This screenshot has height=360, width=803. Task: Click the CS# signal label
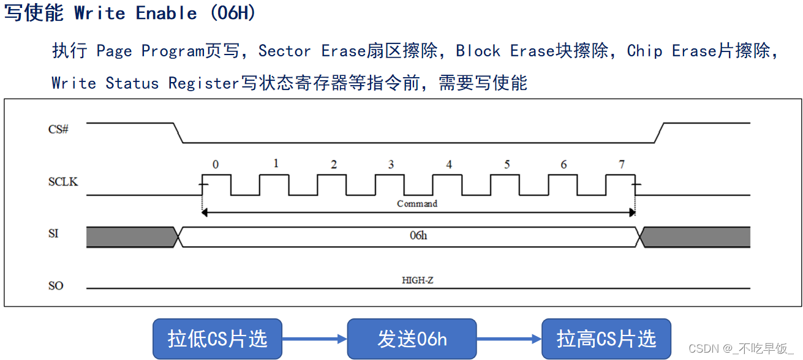click(58, 129)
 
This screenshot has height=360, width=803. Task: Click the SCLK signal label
click(63, 182)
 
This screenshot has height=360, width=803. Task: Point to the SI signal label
click(53, 233)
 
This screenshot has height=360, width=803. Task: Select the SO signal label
click(55, 286)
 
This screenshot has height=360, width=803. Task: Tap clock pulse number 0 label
click(215, 164)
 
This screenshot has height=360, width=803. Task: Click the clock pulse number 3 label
click(391, 165)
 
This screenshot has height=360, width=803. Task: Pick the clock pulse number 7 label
click(622, 164)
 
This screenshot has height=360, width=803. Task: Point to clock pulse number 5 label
click(507, 165)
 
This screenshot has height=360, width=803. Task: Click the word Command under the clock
click(417, 203)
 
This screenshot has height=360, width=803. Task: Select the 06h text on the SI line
click(418, 236)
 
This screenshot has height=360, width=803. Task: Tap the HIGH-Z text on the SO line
click(418, 280)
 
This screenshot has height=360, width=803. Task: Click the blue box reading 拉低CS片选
click(217, 339)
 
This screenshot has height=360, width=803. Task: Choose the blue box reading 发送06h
click(412, 339)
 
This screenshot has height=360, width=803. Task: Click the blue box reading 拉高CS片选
click(606, 339)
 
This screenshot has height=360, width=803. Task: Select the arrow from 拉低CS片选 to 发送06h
click(314, 339)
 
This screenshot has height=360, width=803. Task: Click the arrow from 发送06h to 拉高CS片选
click(509, 339)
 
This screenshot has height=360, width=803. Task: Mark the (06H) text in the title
click(232, 13)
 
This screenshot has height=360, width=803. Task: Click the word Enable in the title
click(166, 13)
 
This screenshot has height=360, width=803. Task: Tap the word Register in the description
click(203, 83)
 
